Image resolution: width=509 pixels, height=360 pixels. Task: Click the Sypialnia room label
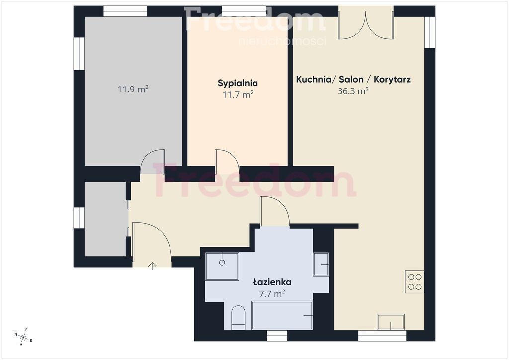[238, 83]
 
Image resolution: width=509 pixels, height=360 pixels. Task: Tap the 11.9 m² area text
[133, 89]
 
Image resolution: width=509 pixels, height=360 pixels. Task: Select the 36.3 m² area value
[353, 91]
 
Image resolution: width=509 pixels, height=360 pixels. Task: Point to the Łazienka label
[272, 282]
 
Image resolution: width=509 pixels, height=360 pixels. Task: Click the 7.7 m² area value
[272, 294]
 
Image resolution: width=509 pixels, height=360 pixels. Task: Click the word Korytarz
[392, 79]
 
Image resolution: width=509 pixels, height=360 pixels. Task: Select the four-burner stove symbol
[415, 282]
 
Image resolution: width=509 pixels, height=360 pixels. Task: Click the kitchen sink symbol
[391, 322]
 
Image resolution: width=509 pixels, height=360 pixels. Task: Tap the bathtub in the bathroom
[282, 315]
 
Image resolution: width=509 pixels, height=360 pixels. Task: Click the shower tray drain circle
[222, 263]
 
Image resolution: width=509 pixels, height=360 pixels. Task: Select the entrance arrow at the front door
[152, 266]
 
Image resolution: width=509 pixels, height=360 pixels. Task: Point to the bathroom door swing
[274, 210]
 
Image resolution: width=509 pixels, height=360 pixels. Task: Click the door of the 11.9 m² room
[152, 161]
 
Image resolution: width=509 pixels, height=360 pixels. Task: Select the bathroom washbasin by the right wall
[321, 265]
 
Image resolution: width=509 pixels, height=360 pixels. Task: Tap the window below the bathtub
[277, 336]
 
